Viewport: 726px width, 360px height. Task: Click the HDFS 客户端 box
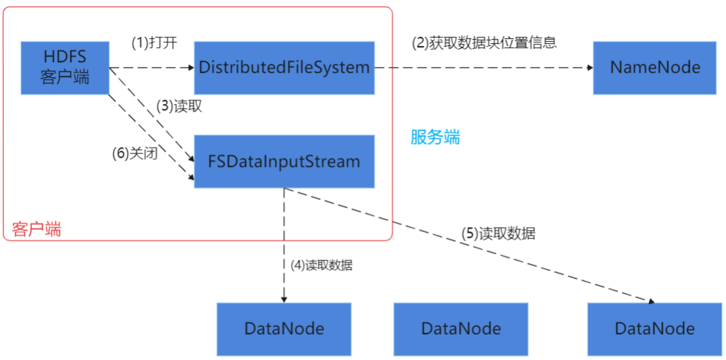(65, 68)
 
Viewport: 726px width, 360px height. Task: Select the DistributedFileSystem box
(284, 68)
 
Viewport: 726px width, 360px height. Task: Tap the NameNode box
(655, 68)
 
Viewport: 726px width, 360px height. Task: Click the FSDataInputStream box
(284, 161)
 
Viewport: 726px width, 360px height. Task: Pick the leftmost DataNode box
(284, 329)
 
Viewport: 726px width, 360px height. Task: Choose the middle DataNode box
(461, 329)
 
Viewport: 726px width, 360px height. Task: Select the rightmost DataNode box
(655, 329)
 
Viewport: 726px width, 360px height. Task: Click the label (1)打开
(154, 42)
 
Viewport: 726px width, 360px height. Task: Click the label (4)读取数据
(322, 266)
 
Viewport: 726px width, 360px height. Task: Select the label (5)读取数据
(498, 233)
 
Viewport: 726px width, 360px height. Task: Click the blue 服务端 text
(435, 137)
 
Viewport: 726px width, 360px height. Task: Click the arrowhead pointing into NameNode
(589, 68)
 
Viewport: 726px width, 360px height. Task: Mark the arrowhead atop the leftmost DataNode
(284, 299)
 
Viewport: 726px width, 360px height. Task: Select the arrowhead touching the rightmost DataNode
(650, 301)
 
